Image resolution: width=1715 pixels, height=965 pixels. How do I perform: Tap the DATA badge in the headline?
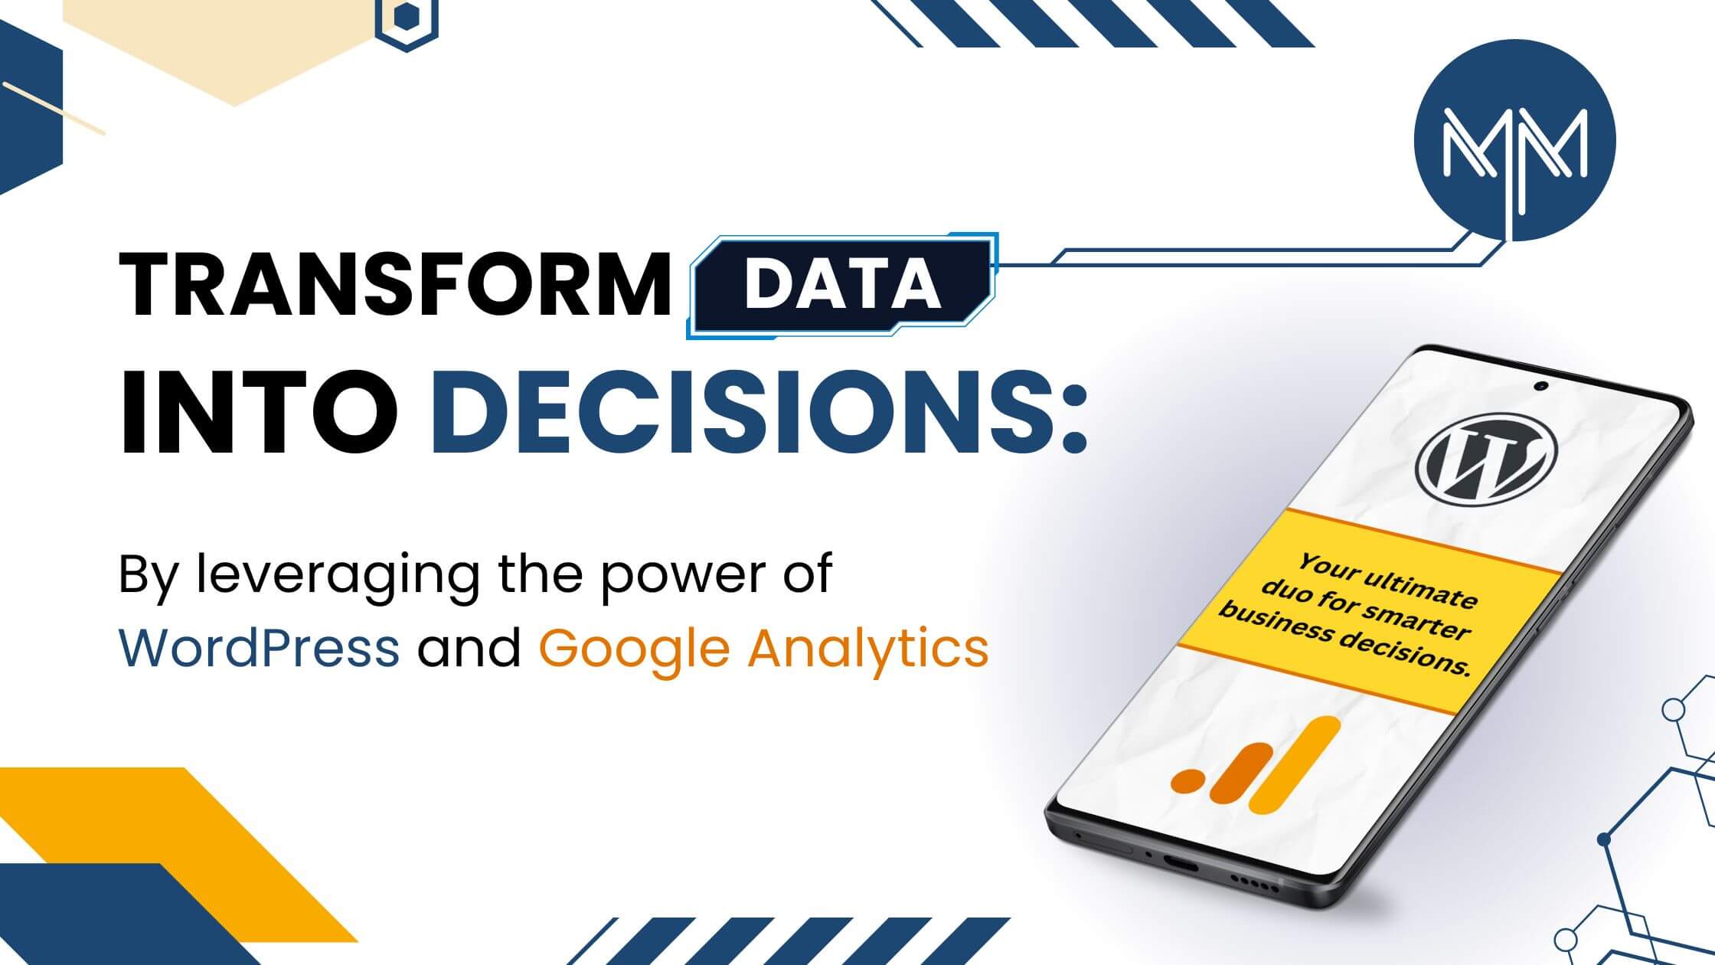tap(843, 284)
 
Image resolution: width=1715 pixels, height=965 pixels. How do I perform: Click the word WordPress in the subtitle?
tap(259, 647)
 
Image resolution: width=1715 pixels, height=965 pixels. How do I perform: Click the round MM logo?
tap(1514, 141)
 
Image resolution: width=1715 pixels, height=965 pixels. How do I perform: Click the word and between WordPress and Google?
tap(469, 647)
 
